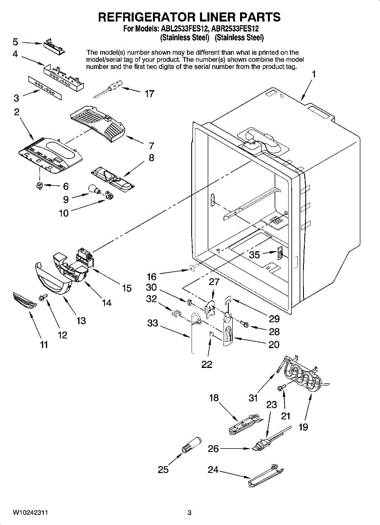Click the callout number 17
coord(150,94)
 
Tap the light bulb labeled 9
coord(94,189)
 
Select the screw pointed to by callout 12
coord(43,297)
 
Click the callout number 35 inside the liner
coord(254,255)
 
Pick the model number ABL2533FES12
coord(184,29)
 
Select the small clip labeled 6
coord(39,185)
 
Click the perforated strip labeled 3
coord(45,87)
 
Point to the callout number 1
coord(314,74)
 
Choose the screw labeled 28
coord(244,324)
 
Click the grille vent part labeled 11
coord(24,300)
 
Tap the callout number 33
coord(153,323)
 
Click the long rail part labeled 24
coord(266,475)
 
